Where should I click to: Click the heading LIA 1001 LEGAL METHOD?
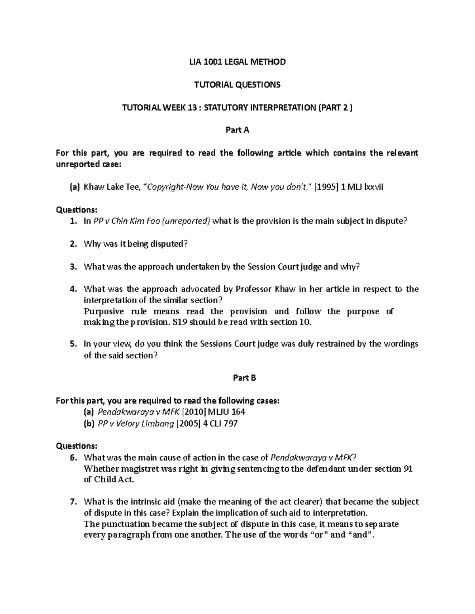(237, 62)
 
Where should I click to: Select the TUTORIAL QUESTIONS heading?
(237, 84)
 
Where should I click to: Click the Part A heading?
(237, 130)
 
